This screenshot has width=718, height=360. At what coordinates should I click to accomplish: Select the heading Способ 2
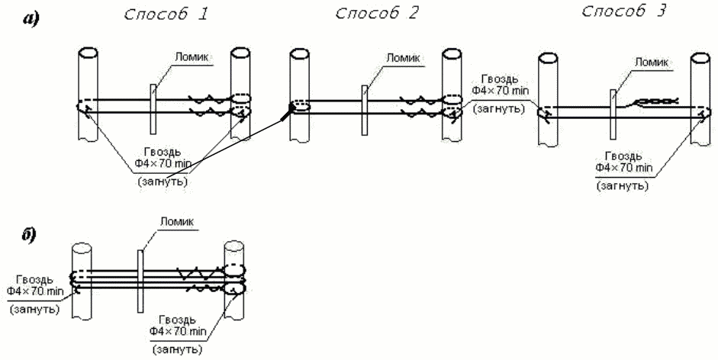tap(376, 15)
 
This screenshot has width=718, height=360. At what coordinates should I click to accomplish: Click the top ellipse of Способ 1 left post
tap(88, 53)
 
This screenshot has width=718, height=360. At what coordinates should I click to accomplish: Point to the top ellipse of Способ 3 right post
tap(700, 58)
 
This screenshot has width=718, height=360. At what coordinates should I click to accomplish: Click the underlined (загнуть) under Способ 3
tap(621, 185)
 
